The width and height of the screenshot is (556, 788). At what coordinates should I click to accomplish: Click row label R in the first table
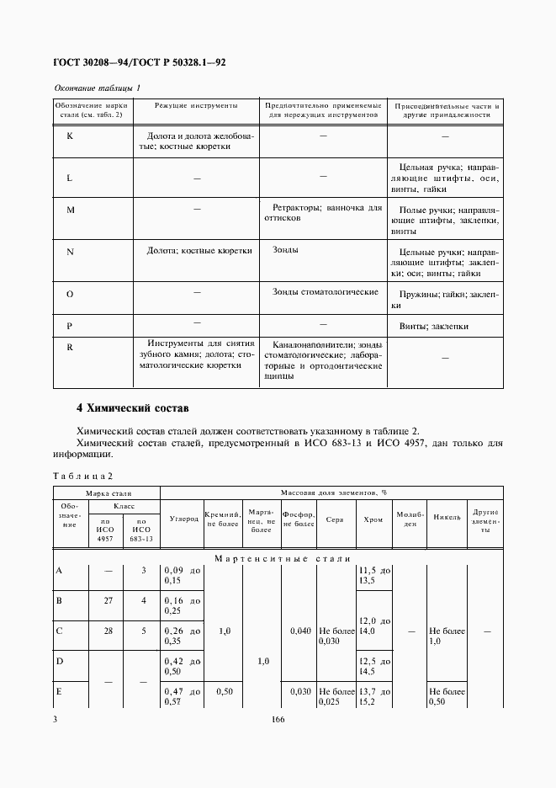70,345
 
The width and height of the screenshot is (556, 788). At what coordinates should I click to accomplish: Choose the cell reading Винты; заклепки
434,326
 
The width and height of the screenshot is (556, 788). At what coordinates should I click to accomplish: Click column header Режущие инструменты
196,106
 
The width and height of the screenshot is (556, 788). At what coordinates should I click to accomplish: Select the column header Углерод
183,519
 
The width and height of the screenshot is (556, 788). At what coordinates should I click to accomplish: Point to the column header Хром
374,519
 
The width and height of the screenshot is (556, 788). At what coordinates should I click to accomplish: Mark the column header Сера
335,519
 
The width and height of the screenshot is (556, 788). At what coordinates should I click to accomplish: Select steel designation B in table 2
59,600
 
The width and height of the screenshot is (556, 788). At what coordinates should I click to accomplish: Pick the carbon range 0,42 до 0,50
183,665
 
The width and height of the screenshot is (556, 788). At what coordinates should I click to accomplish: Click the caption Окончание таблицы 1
98,88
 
